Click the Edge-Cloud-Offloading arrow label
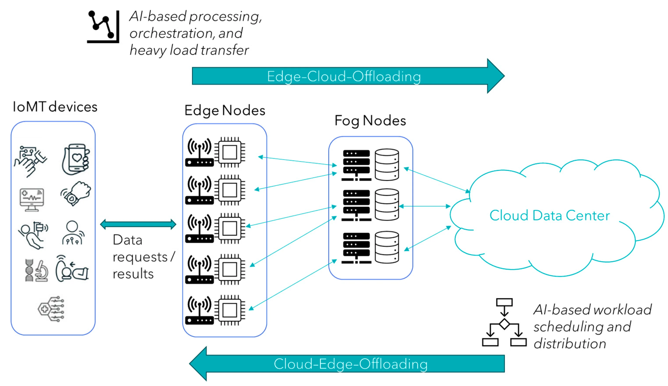[x=344, y=76]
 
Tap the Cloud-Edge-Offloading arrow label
[x=350, y=364]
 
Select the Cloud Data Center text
[x=549, y=215]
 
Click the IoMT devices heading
[x=55, y=107]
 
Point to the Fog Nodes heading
[x=370, y=121]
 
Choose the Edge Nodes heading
[x=225, y=110]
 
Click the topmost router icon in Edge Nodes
[x=199, y=152]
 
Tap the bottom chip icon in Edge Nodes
[x=230, y=310]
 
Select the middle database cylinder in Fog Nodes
[x=387, y=204]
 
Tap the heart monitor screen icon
[x=32, y=200]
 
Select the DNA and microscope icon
[x=37, y=270]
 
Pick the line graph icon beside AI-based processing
[x=103, y=27]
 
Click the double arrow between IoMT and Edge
[x=138, y=224]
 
